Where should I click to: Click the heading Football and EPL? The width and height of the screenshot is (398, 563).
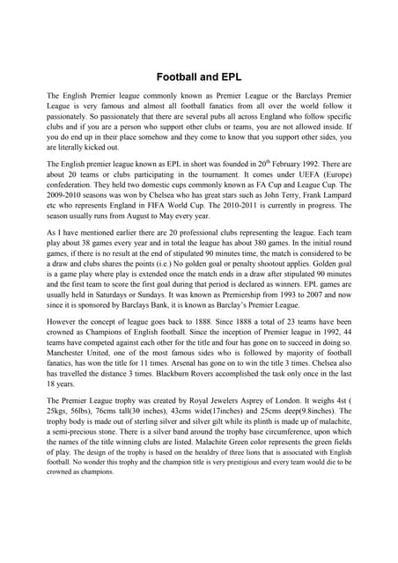[199, 77]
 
